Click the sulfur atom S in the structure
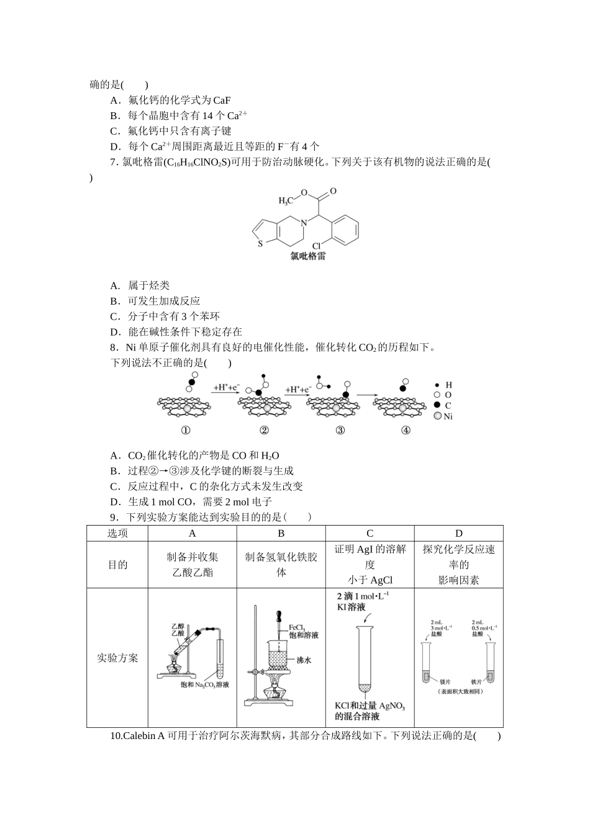click(261, 243)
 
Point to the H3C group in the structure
click(286, 200)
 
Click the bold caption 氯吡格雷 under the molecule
click(308, 257)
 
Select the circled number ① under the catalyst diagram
click(185, 430)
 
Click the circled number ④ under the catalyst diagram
click(405, 430)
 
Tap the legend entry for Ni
click(443, 416)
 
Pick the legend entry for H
click(443, 385)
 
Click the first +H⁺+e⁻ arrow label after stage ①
click(225, 387)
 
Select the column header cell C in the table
click(370, 534)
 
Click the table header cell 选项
click(117, 534)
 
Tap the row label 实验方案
click(117, 658)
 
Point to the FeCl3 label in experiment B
click(297, 627)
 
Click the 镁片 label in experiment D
click(445, 680)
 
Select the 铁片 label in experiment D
click(478, 680)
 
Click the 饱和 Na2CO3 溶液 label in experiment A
click(205, 684)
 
